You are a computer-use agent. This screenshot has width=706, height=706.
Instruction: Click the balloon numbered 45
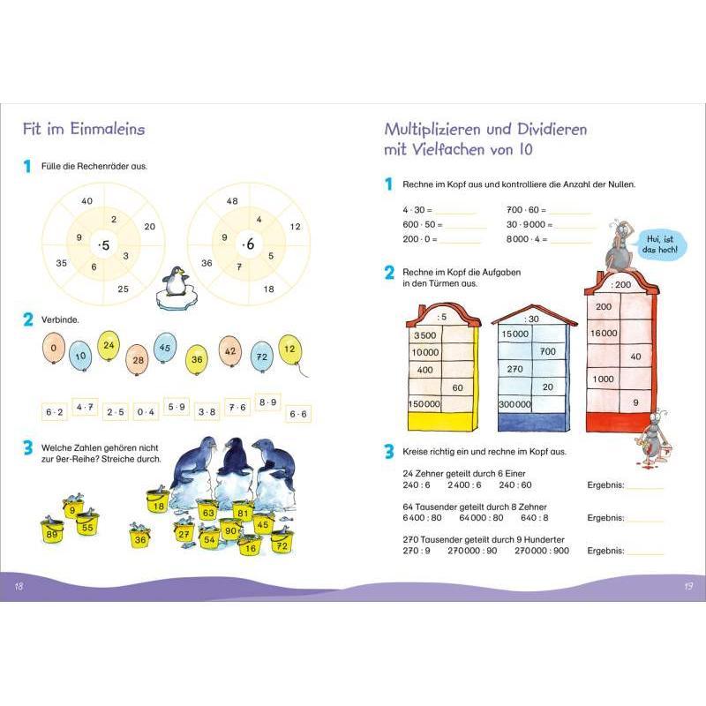165,347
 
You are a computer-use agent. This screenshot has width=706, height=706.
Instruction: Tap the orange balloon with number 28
138,360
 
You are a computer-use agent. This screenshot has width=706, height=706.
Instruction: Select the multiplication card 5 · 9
176,407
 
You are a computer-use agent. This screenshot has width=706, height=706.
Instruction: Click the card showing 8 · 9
267,402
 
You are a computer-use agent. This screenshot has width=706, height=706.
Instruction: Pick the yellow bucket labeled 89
52,531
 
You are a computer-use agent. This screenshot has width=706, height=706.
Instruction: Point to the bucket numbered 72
282,543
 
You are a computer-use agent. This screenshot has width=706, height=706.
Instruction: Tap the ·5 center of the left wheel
104,245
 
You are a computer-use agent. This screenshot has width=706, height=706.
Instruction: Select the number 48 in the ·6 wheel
232,201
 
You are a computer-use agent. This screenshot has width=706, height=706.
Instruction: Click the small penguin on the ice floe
174,283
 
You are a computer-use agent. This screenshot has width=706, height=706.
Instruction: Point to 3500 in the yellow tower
425,335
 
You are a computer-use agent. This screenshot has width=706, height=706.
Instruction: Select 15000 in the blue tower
515,334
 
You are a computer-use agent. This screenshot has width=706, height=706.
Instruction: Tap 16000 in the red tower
604,334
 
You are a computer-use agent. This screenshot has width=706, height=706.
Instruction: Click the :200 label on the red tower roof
621,284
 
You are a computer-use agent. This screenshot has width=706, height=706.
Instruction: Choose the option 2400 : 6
464,484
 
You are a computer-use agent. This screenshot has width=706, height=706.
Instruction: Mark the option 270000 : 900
542,551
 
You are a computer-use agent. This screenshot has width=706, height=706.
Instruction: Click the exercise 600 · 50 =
423,225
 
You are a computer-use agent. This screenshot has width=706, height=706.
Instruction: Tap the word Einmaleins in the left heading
107,129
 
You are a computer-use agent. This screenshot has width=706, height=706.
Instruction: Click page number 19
688,586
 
